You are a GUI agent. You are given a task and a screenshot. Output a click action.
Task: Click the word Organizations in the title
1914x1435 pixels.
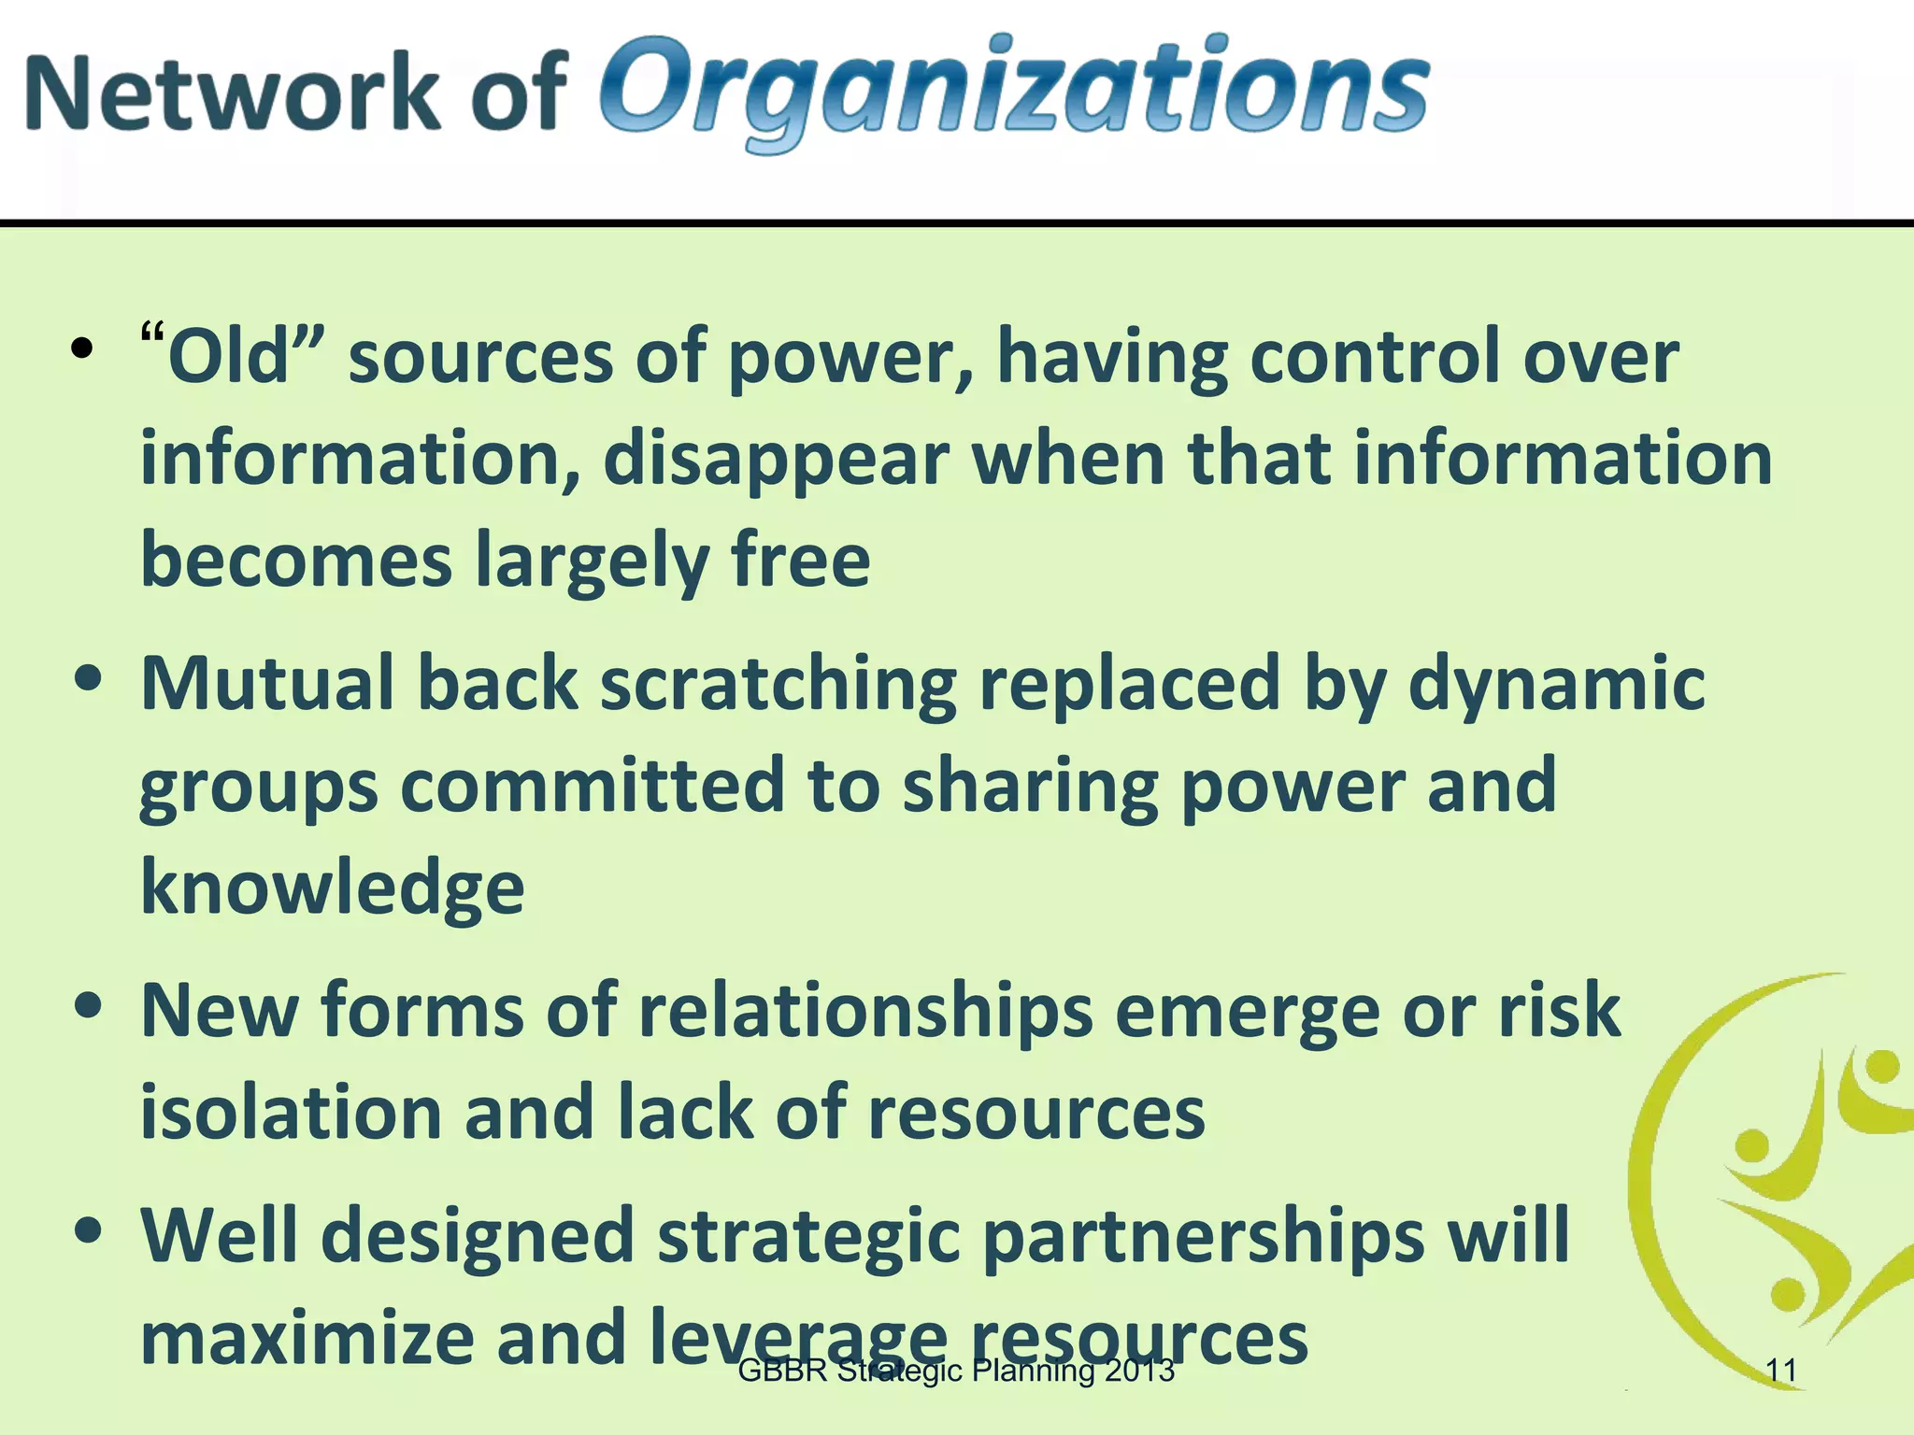point(1014,92)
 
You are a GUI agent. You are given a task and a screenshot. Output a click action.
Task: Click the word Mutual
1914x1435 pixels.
point(267,684)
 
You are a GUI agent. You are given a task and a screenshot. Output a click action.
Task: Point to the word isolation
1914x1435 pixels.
point(290,1114)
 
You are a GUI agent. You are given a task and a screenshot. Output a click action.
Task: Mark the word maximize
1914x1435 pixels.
point(307,1338)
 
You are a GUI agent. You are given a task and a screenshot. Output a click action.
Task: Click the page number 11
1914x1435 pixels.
point(1781,1371)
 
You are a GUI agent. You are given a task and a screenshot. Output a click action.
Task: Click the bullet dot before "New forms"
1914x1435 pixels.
point(87,1009)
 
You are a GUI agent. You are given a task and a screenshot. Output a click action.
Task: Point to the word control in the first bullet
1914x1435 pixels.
point(1374,357)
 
